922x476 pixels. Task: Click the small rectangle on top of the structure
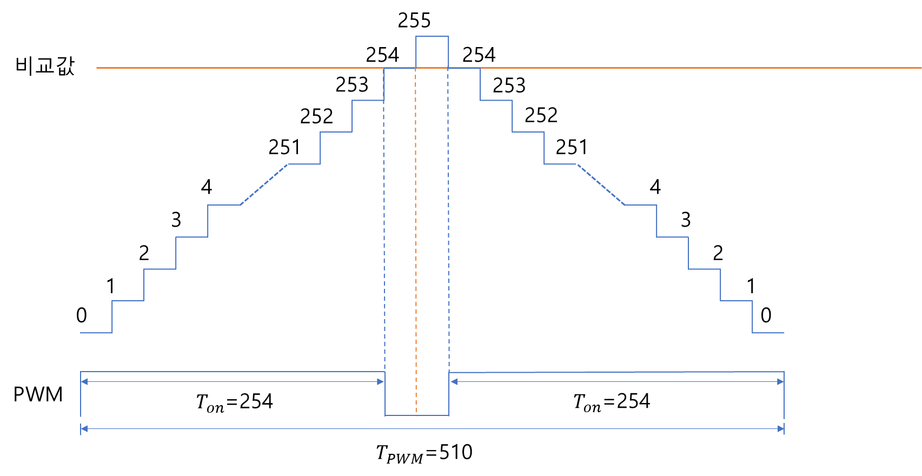pos(432,52)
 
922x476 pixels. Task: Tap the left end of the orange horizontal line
pos(97,68)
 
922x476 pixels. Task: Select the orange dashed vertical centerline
pos(416,243)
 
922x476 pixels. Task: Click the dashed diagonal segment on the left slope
pos(264,184)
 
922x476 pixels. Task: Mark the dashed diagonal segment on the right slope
pos(601,184)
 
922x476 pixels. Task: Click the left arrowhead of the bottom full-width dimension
pos(83,429)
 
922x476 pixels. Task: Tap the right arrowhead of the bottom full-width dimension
pos(781,429)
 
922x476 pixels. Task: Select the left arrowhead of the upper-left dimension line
pos(83,382)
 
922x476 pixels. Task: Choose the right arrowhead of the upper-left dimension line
pos(381,382)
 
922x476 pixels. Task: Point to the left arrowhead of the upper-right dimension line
pos(453,382)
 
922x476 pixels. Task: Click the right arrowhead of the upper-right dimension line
pos(781,382)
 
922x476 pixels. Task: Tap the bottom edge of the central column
pos(417,415)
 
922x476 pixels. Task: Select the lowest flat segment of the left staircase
pos(96,333)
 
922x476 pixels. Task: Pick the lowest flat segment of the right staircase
pos(768,333)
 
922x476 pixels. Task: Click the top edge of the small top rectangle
pos(432,36)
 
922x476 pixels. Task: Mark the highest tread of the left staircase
pos(368,100)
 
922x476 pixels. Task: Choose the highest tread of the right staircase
pos(496,100)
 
